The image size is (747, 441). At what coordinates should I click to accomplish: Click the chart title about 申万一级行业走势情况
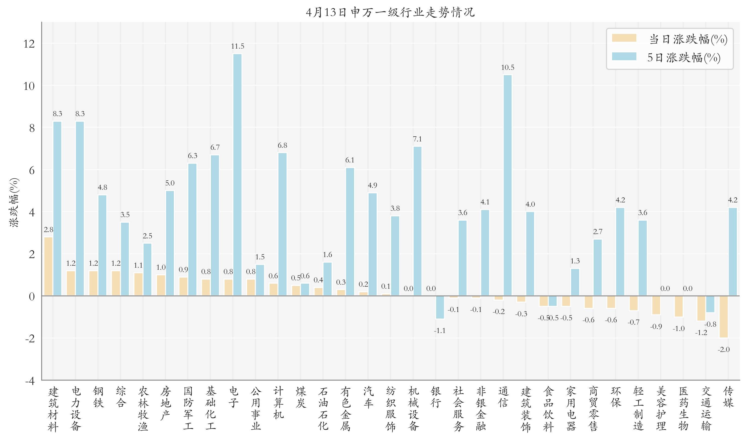tap(390, 12)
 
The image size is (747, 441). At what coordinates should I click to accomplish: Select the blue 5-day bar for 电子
tap(237, 175)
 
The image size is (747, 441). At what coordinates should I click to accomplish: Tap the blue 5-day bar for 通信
tap(508, 185)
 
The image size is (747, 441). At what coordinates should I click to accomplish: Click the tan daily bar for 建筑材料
tap(48, 266)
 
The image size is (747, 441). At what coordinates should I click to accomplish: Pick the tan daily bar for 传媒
tap(723, 317)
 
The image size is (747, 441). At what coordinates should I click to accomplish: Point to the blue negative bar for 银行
tap(440, 307)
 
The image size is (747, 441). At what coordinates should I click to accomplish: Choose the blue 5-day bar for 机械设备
tap(417, 221)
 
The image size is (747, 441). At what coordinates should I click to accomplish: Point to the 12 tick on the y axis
tap(29, 44)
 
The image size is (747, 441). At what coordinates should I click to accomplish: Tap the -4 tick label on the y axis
tap(30, 381)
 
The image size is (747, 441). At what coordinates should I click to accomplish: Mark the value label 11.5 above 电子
tap(237, 46)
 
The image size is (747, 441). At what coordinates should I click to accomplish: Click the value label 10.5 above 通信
tap(508, 68)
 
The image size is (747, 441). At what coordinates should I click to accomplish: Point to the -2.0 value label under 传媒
tap(723, 349)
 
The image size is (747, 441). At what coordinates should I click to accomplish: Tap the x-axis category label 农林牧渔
tap(143, 409)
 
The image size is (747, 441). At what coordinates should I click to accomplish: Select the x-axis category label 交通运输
tap(706, 409)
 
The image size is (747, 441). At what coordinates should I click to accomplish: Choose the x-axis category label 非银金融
tap(481, 409)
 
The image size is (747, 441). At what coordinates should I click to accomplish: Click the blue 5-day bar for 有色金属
tap(350, 232)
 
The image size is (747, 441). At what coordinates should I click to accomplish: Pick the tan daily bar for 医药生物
tap(679, 306)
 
